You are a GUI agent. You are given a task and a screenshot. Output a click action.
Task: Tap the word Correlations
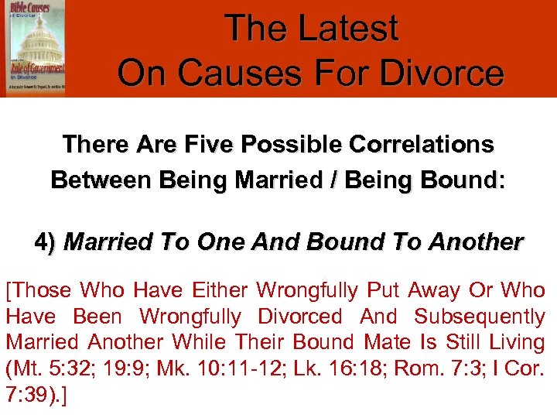pyautogui.click(x=423, y=144)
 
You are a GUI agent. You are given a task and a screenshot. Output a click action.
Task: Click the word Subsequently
pyautogui.click(x=480, y=317)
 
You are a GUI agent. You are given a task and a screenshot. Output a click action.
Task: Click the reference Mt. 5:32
pyautogui.click(x=44, y=367)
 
